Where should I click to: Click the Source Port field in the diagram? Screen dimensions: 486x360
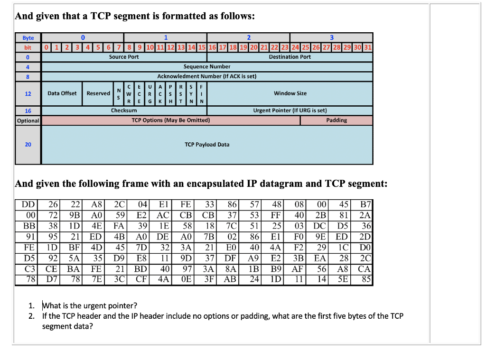click(124, 57)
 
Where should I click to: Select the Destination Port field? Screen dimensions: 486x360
click(290, 57)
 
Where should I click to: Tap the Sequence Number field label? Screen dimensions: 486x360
click(207, 67)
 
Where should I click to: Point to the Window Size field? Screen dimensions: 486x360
click(290, 93)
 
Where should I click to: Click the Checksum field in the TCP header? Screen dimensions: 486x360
click(124, 111)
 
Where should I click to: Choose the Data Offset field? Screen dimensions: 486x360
click(62, 93)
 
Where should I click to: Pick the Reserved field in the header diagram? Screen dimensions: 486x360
click(98, 93)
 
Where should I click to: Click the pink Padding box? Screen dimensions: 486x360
click(336, 120)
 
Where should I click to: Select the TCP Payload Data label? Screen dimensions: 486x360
click(207, 145)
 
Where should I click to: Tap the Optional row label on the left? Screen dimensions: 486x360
click(28, 120)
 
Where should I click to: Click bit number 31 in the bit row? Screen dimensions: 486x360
click(368, 47)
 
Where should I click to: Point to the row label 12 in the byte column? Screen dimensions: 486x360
click(28, 93)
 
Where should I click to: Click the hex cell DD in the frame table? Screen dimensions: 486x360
click(28, 205)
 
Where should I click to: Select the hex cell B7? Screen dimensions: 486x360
click(366, 205)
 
